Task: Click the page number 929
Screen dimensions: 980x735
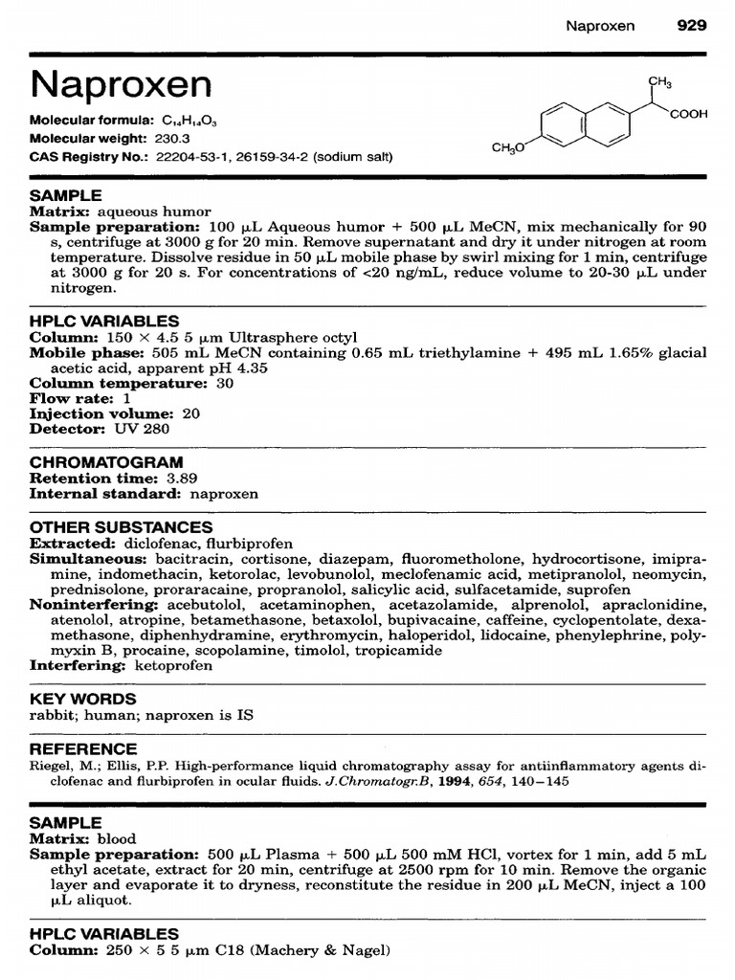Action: coord(692,26)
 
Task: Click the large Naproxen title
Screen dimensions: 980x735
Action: coord(121,85)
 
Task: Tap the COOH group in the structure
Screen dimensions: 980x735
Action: coord(689,114)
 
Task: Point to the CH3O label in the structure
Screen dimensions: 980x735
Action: coord(508,148)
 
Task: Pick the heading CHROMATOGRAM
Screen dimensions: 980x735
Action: coord(106,462)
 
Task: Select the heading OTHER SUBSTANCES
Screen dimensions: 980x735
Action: coord(121,527)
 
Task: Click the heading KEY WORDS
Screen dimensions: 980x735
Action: coord(83,699)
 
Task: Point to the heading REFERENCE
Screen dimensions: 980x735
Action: coord(83,748)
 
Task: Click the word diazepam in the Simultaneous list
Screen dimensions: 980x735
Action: coord(376,558)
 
